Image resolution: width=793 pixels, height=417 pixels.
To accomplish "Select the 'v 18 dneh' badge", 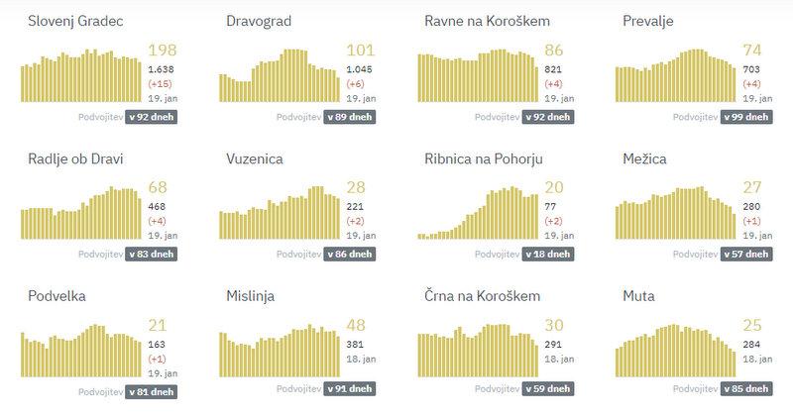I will coord(548,254).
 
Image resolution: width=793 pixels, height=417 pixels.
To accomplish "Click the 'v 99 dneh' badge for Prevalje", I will coord(746,116).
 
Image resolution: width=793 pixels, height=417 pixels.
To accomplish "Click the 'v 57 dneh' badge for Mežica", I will coord(746,254).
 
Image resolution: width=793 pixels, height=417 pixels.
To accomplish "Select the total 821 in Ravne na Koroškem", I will coord(553,69).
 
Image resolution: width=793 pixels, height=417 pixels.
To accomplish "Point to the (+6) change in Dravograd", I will coord(355,84).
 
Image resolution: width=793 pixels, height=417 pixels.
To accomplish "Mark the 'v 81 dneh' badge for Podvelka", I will coord(152,392).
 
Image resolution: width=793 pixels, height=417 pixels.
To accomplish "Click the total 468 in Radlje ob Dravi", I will coord(157,207).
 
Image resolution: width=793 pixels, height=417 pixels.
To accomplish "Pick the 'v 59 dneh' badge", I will coord(548,392).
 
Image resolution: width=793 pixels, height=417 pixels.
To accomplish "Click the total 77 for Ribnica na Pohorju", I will coord(550,207).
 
